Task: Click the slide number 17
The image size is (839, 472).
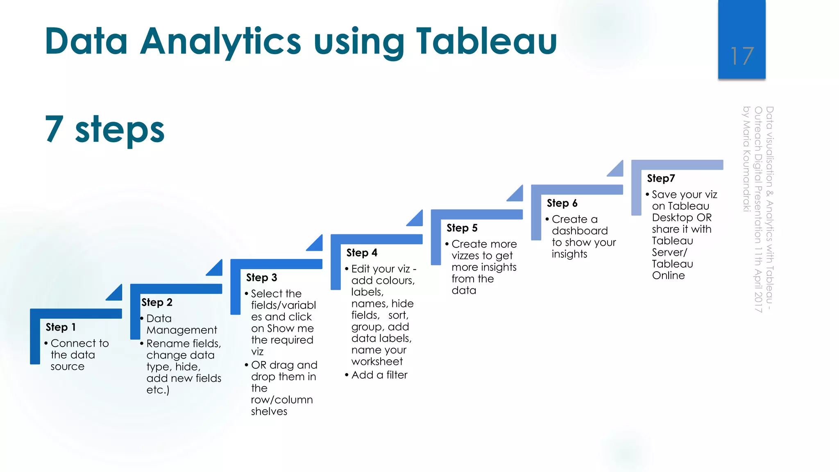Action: coord(741,56)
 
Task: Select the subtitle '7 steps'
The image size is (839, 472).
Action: coord(105,129)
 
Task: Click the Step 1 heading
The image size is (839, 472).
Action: coord(61,327)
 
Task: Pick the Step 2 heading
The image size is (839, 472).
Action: coord(157,302)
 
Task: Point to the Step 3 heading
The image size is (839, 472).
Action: coord(261,277)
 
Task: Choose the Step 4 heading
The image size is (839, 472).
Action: coord(362,253)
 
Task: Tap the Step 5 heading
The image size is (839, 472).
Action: coord(462,228)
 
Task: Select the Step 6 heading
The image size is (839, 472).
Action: coord(562,203)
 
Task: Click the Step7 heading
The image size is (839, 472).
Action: coord(661,178)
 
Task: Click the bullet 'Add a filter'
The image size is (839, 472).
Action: coord(379,375)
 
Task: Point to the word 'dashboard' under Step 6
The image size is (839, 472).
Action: coord(580,231)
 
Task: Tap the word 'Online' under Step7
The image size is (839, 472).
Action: coord(668,275)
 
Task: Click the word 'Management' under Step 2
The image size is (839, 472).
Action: coord(181,330)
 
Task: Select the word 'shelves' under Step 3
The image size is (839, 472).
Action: coord(269,411)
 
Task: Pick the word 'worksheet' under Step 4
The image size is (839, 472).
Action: coord(377,361)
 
